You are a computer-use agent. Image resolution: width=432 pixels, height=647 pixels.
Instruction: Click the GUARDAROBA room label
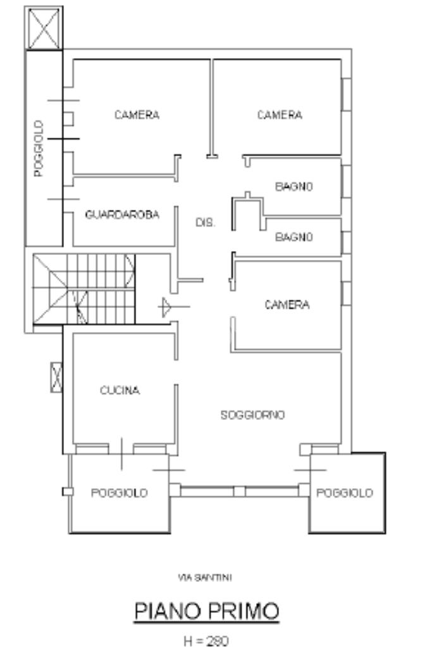(x=122, y=214)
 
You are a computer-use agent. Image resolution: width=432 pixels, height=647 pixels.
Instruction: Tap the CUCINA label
(x=120, y=390)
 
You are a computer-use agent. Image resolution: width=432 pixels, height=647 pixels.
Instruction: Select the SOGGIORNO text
(x=252, y=415)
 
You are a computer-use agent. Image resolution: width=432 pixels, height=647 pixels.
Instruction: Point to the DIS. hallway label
(x=205, y=223)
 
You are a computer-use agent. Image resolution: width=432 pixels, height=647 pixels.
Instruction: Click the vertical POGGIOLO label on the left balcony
(x=39, y=149)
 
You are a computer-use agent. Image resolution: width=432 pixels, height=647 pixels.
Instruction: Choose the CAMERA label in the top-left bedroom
(x=137, y=114)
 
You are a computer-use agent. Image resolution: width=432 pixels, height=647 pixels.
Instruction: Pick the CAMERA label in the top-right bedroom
(x=280, y=114)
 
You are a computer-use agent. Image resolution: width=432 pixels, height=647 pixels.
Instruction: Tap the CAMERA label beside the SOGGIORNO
(x=287, y=305)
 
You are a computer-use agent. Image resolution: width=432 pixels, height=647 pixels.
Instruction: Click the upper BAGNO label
(x=294, y=187)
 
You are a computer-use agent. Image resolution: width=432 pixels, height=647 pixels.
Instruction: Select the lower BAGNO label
(x=294, y=237)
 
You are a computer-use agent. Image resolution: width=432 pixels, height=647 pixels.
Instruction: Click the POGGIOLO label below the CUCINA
(x=120, y=493)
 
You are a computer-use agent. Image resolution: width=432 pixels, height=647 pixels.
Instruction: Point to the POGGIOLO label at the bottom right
(x=345, y=493)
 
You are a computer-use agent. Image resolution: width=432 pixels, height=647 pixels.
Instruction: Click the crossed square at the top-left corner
(x=44, y=28)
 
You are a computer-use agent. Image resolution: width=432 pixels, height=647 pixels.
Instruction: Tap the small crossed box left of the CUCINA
(x=56, y=377)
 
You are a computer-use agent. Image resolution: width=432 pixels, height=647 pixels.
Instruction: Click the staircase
(x=83, y=289)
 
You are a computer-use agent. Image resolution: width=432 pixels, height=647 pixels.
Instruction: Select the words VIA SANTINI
(x=205, y=577)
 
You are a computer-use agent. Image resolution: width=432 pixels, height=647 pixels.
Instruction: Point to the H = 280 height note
(x=206, y=641)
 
